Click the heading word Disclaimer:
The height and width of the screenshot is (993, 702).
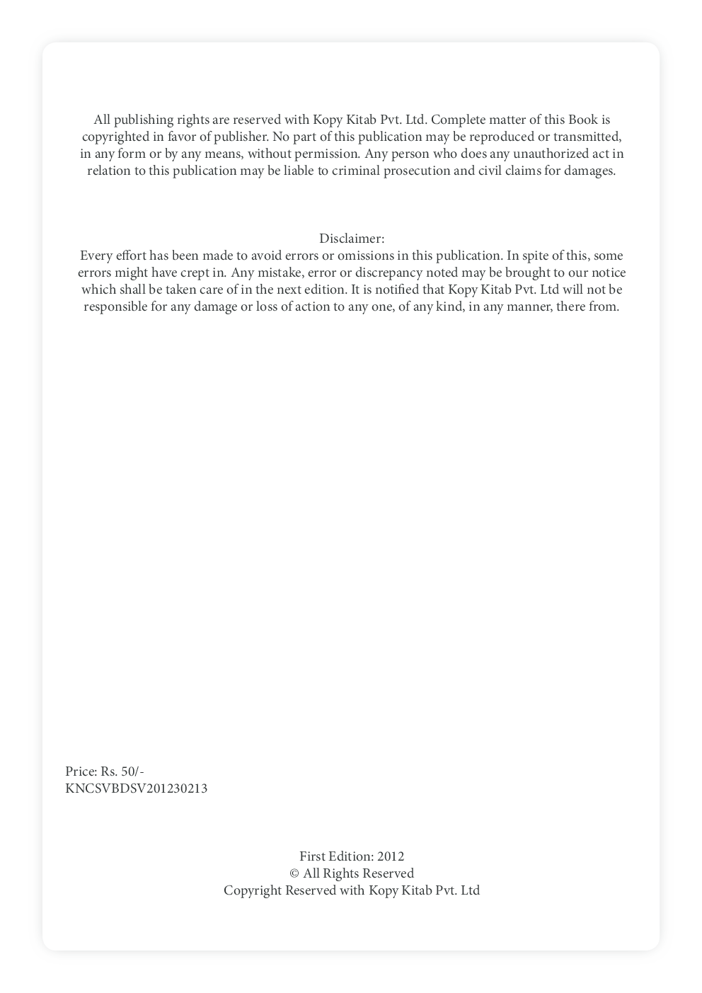[352, 239]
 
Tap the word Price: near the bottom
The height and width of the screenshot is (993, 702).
[81, 771]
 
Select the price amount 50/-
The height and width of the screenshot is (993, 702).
[132, 771]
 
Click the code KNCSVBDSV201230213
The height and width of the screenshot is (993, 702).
[137, 788]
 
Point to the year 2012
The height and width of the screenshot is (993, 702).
[391, 856]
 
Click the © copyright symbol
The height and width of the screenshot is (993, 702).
[294, 874]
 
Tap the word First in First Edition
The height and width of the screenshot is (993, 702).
[312, 856]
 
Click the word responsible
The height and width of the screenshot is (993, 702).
[116, 306]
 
